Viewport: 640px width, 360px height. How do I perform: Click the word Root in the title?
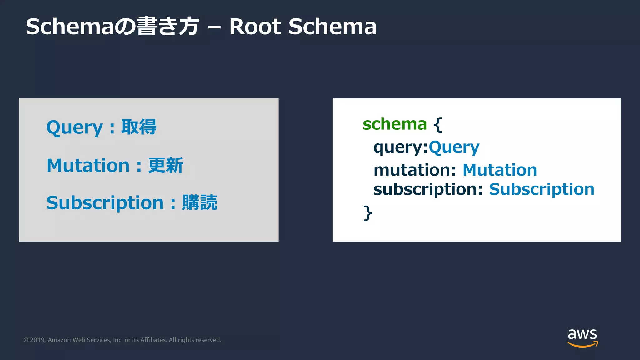[x=255, y=27]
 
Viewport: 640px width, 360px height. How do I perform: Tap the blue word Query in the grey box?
[x=74, y=127]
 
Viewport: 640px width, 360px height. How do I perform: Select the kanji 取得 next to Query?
[x=139, y=127]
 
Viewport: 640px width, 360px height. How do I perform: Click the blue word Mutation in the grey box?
[x=88, y=165]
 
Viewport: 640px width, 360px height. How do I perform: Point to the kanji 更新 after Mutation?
[x=166, y=165]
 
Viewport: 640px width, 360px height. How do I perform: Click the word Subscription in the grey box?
[x=105, y=203]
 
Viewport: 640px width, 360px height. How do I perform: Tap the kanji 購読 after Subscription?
[x=200, y=202]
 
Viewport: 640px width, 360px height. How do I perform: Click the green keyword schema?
[x=394, y=124]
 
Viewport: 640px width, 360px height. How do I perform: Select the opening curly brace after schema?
[x=438, y=124]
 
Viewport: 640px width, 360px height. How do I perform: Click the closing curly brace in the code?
[x=368, y=213]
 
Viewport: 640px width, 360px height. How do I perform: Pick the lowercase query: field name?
[x=400, y=147]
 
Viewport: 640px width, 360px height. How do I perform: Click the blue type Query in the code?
[x=454, y=147]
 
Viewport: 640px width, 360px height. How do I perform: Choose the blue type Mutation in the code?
[x=499, y=170]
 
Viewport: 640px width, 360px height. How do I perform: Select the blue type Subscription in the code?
[x=542, y=189]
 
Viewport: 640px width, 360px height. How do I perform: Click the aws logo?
[x=582, y=337]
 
